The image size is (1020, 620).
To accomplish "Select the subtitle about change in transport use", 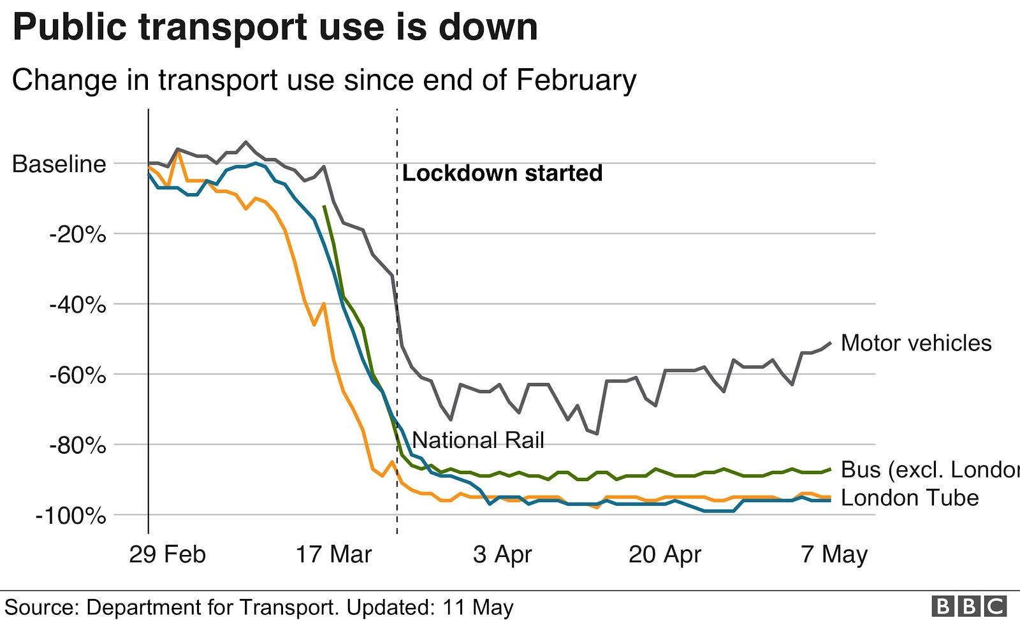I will [x=324, y=80].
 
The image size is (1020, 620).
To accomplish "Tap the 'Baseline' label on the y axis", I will [x=59, y=164].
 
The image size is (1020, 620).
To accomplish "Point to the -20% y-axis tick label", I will [x=77, y=234].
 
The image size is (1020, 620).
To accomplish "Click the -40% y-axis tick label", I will [x=77, y=305].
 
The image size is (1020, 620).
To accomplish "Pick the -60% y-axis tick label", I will [x=77, y=375].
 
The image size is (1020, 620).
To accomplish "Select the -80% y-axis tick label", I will [x=77, y=445].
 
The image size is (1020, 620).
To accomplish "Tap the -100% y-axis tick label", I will [x=71, y=515].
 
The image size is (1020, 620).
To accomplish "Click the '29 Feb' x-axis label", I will [x=167, y=554].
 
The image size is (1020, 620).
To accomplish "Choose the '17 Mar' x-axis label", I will [x=333, y=554].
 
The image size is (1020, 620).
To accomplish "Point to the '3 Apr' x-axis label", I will [x=502, y=554].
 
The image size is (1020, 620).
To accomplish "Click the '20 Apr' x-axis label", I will [x=665, y=554].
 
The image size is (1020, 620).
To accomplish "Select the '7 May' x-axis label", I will [x=834, y=554].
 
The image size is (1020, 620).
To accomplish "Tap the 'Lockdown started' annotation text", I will [x=502, y=173].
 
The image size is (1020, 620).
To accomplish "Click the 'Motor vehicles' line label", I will [x=916, y=343].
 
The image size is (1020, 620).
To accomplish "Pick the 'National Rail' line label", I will [x=478, y=440].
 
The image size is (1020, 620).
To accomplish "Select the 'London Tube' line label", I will [x=910, y=498].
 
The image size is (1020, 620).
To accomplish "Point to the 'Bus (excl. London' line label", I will [x=929, y=470].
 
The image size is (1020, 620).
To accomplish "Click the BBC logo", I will [x=969, y=606].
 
